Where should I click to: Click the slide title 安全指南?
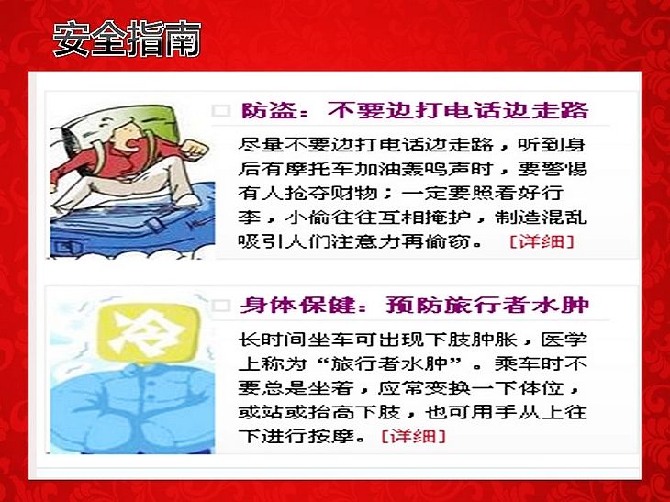click(127, 39)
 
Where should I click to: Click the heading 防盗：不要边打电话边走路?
click(415, 110)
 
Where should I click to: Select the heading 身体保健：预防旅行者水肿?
click(415, 305)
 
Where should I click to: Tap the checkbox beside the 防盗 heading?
click(221, 111)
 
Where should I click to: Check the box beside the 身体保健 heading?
click(221, 306)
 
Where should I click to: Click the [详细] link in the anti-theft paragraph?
click(542, 241)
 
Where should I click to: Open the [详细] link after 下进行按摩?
click(413, 436)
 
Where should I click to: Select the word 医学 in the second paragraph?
click(564, 340)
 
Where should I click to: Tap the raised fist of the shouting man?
click(195, 150)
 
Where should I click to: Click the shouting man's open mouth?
click(134, 144)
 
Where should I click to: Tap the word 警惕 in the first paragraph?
click(564, 169)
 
